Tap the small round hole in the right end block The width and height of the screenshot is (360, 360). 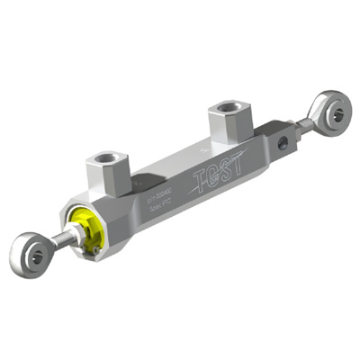[x=284, y=141]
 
